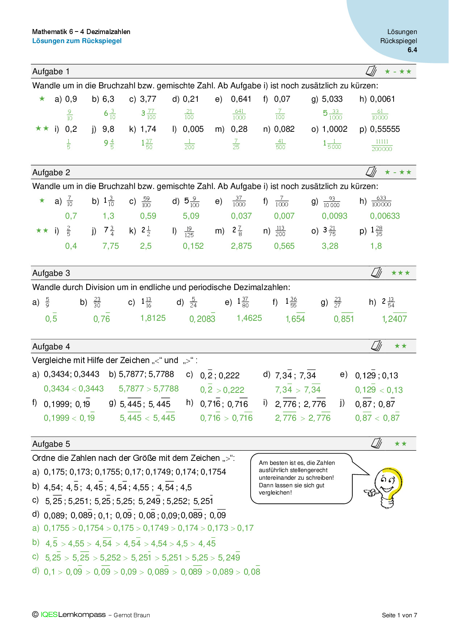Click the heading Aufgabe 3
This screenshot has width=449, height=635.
pyautogui.click(x=51, y=273)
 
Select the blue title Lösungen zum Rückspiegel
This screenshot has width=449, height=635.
pyautogui.click(x=77, y=41)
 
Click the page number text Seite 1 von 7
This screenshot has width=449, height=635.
pyautogui.click(x=399, y=615)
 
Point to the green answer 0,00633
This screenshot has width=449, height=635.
pyautogui.click(x=385, y=216)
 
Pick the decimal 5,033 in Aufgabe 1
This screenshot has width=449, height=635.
pyautogui.click(x=332, y=99)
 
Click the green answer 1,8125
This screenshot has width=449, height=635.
pyautogui.click(x=153, y=318)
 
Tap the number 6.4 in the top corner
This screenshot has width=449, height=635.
pyautogui.click(x=412, y=50)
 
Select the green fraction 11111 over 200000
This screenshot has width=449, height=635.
pyautogui.click(x=382, y=145)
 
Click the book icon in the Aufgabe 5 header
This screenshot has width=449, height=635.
pyautogui.click(x=377, y=443)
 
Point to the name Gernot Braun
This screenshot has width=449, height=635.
pyautogui.click(x=131, y=615)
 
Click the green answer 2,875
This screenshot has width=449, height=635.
pyautogui.click(x=241, y=246)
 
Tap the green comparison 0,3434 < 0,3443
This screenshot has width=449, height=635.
pyautogui.click(x=74, y=389)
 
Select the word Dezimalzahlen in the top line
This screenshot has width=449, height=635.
pyautogui.click(x=108, y=32)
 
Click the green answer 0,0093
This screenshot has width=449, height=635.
pyautogui.click(x=334, y=216)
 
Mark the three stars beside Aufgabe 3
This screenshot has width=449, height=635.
pyautogui.click(x=400, y=273)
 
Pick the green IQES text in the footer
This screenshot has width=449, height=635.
pyautogui.click(x=49, y=615)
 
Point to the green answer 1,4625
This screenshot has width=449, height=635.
pyautogui.click(x=249, y=318)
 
